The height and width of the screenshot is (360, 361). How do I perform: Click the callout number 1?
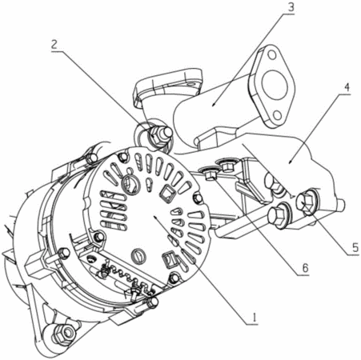[255, 317]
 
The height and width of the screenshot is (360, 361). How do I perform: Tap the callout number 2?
[54, 45]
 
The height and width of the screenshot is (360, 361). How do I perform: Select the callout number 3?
[291, 7]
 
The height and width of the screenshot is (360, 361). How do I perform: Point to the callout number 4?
[347, 88]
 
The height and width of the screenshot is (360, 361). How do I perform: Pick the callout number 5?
[355, 248]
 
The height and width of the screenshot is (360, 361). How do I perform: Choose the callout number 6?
[305, 267]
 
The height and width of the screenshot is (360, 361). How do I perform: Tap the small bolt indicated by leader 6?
[211, 174]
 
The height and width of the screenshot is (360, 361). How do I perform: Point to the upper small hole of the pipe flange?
[271, 55]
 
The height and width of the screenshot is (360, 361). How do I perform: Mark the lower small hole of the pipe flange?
[278, 115]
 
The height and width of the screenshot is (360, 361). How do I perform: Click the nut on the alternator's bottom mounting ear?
[64, 332]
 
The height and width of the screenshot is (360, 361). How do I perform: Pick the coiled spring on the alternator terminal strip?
[123, 275]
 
